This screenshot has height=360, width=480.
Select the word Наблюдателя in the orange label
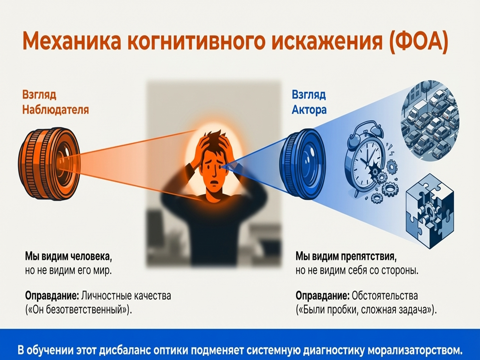[x=55, y=109]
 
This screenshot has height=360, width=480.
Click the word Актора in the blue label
[x=309, y=109]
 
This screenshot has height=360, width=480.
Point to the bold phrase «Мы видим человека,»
[x=69, y=256]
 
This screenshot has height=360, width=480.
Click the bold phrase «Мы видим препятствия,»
[x=346, y=256]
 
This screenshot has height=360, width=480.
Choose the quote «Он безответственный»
[x=79, y=310]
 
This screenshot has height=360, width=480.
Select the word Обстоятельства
[x=384, y=295]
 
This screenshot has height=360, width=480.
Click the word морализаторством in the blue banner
[x=415, y=351]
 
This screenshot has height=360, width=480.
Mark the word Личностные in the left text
[x=106, y=295]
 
